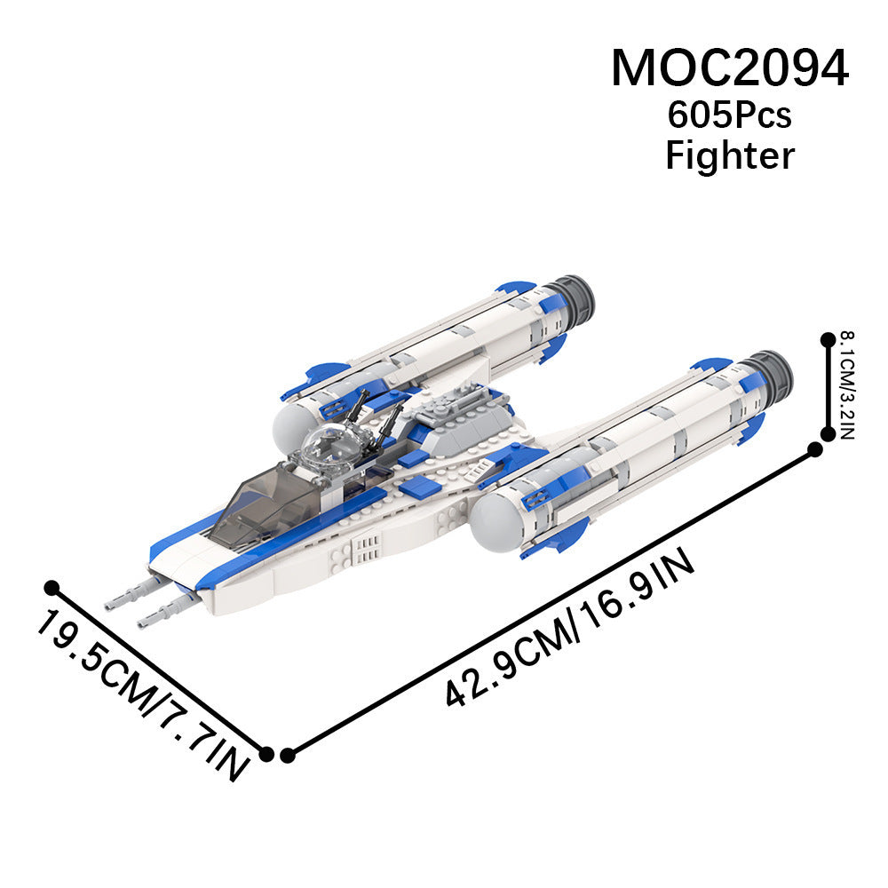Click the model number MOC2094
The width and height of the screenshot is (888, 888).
click(x=729, y=68)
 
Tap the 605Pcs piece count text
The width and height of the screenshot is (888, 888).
click(x=729, y=115)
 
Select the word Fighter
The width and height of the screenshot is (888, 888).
click(x=730, y=155)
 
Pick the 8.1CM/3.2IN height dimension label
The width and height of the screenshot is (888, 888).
click(x=847, y=385)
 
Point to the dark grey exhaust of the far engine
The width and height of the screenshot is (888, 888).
click(x=573, y=297)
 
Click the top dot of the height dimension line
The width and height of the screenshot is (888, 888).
click(x=828, y=339)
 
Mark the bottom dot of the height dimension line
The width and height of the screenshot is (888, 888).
click(x=828, y=434)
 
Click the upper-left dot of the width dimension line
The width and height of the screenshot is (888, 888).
click(x=52, y=587)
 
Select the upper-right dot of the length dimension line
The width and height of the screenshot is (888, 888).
click(x=815, y=449)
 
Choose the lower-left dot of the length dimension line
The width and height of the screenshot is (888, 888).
click(x=287, y=755)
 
